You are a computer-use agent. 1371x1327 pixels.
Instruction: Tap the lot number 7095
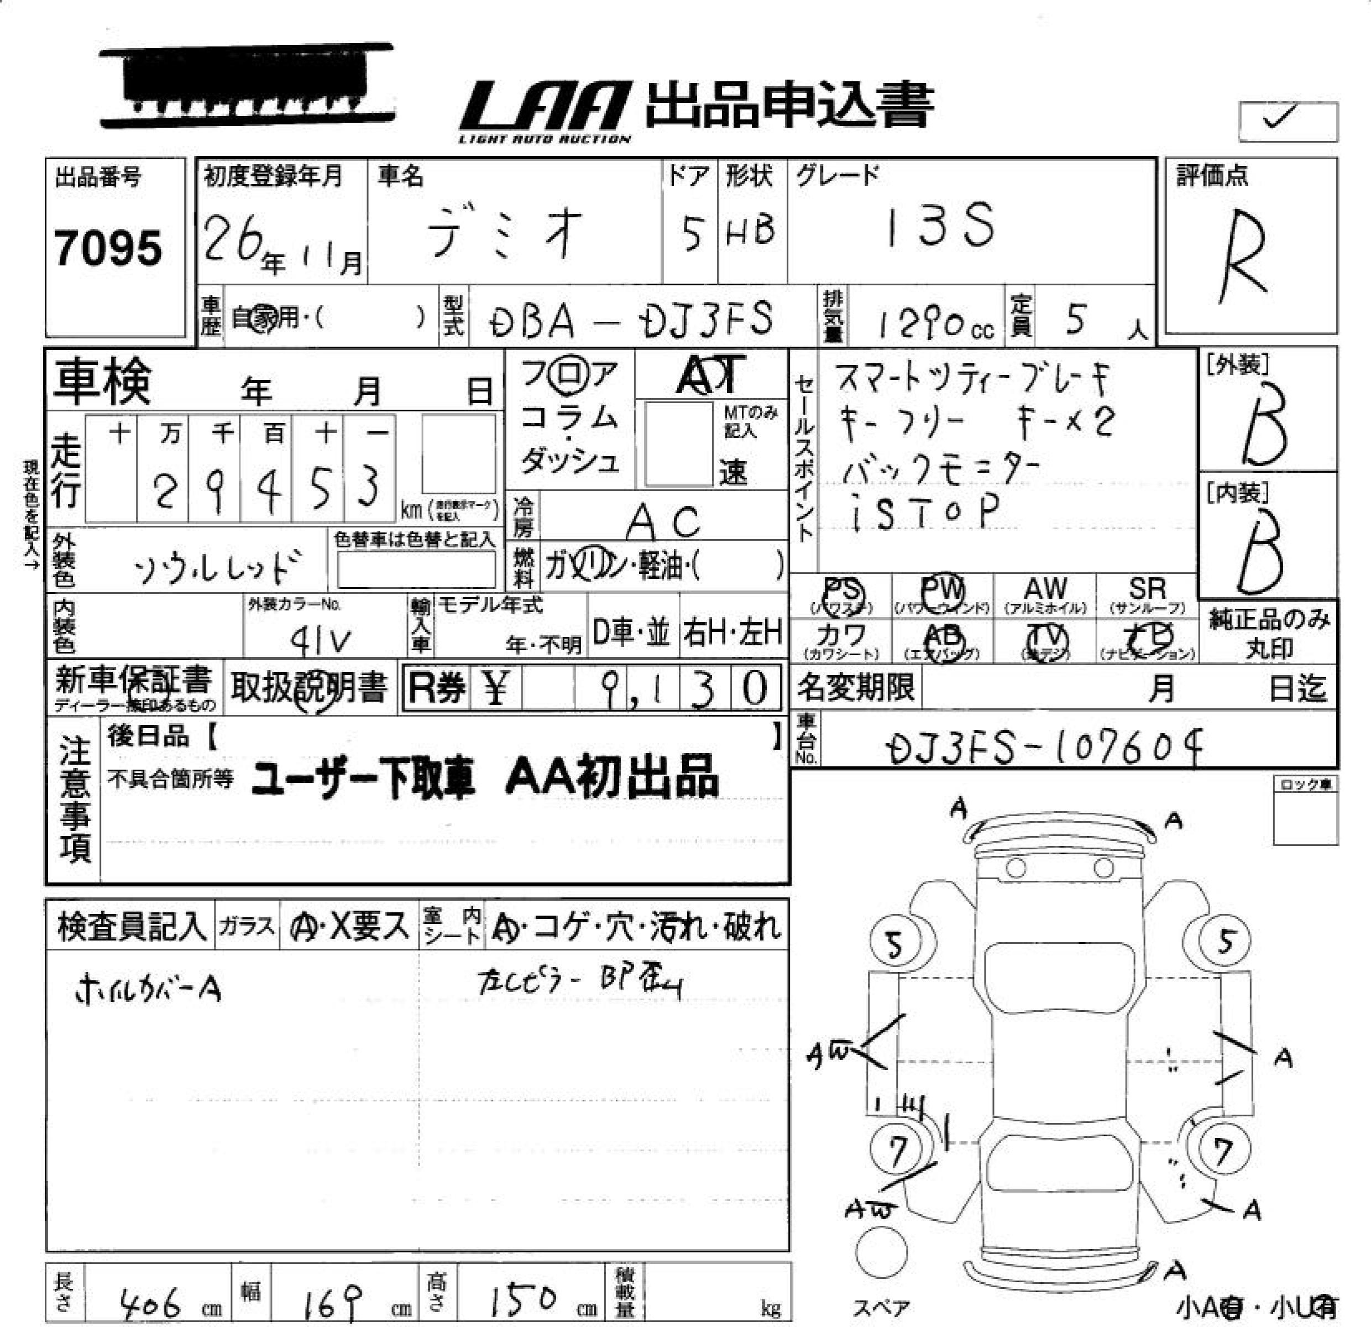coord(108,248)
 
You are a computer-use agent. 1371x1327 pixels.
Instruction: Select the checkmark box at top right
coord(1288,121)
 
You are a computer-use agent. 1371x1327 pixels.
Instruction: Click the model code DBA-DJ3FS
coord(631,320)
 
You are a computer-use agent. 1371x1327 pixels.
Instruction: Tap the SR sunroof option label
coord(1147,588)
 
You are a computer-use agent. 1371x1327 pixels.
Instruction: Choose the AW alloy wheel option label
coord(1045,588)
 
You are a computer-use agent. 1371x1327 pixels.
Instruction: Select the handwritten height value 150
coord(522,1300)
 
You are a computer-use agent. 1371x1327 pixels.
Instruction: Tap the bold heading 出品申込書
coord(791,105)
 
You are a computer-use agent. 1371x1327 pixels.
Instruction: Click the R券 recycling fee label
coord(437,688)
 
